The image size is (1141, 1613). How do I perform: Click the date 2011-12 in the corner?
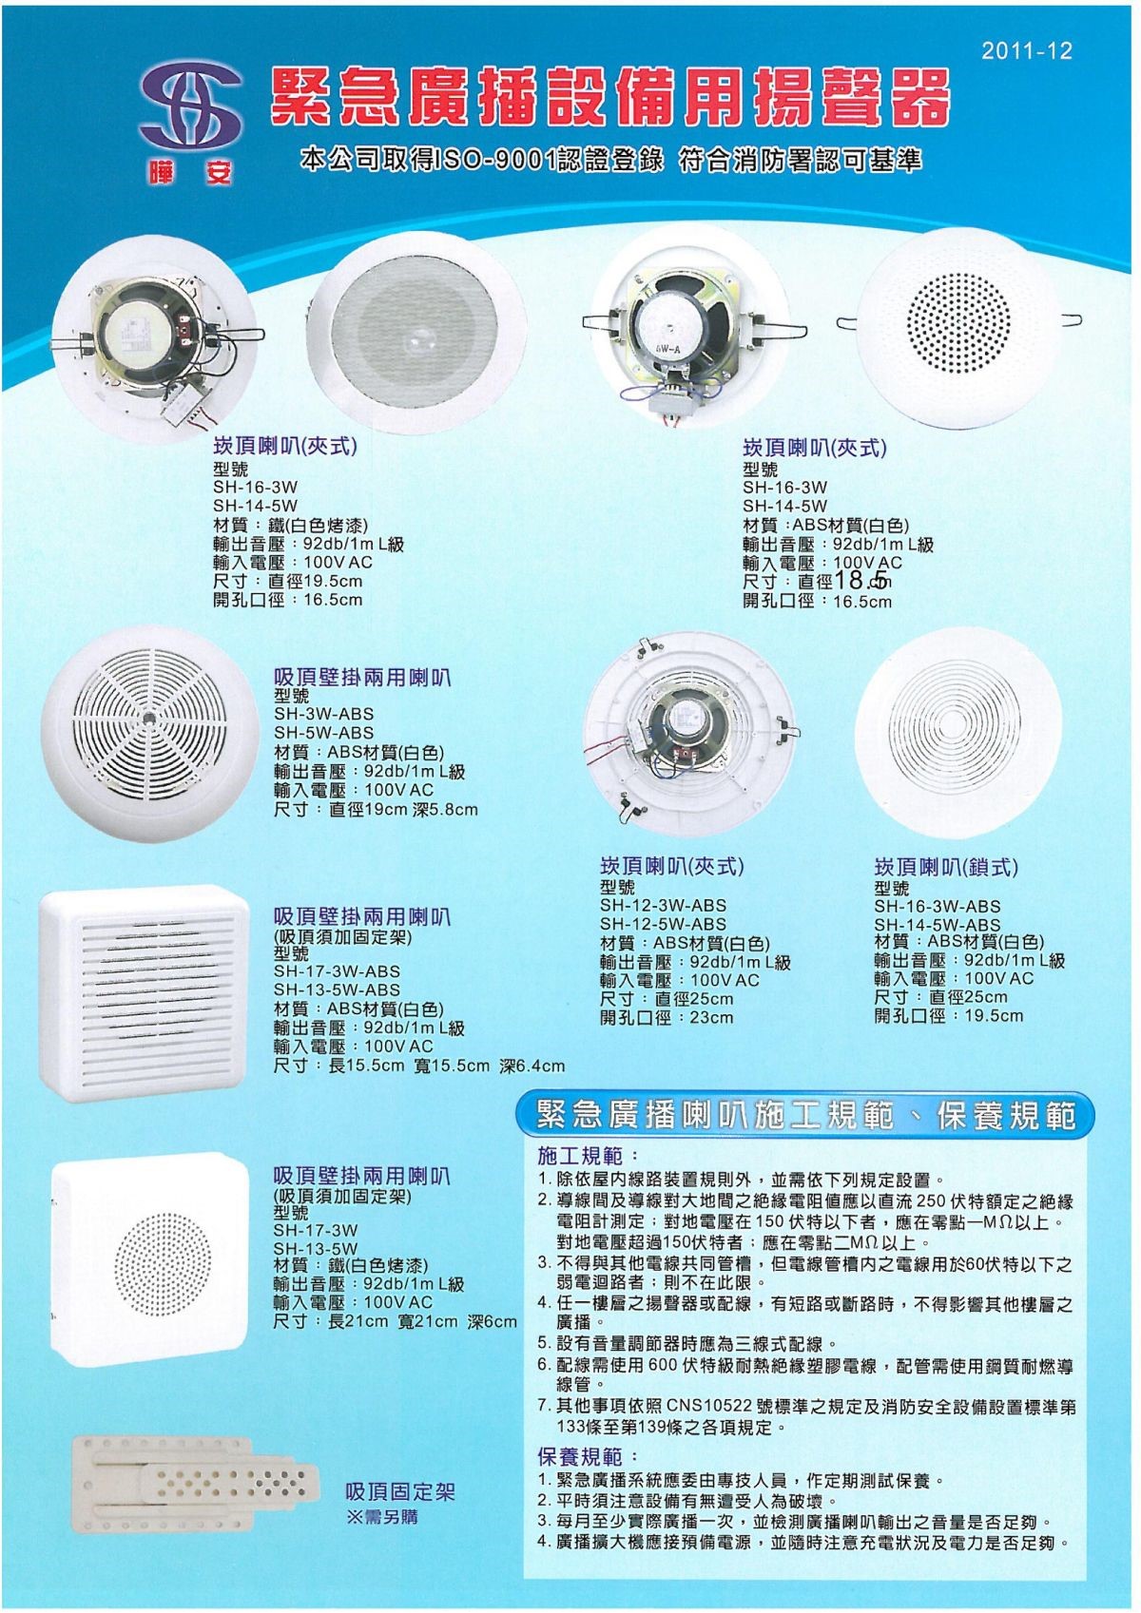click(x=1027, y=50)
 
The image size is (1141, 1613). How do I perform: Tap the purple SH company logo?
click(x=189, y=111)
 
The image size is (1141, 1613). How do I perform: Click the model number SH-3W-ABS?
click(x=324, y=715)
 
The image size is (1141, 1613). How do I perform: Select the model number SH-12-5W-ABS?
click(x=663, y=924)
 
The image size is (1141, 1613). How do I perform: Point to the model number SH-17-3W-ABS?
click(x=337, y=971)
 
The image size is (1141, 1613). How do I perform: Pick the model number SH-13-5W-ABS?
click(x=337, y=990)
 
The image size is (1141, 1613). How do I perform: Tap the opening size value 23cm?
click(x=711, y=1017)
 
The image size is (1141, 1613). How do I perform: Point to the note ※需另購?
click(x=382, y=1517)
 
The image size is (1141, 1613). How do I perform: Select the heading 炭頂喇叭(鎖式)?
click(x=946, y=867)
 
